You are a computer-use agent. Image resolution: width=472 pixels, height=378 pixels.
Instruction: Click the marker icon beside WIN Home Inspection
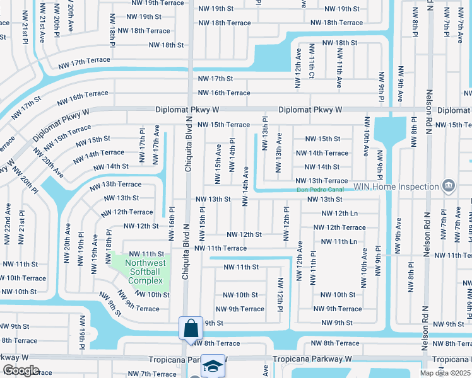pos(449,186)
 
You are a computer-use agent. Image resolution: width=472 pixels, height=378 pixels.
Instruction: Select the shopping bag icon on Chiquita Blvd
pos(191,328)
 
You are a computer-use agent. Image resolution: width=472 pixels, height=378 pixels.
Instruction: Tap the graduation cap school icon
pos(213,366)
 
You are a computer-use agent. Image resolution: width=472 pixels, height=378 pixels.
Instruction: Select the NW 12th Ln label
pos(338,214)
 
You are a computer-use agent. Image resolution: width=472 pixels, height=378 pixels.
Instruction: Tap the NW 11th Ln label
pos(338,241)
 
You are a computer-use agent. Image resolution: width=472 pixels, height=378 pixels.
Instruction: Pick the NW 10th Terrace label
pos(24,278)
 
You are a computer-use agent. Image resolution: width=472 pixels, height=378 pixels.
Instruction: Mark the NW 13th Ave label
pos(279,153)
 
